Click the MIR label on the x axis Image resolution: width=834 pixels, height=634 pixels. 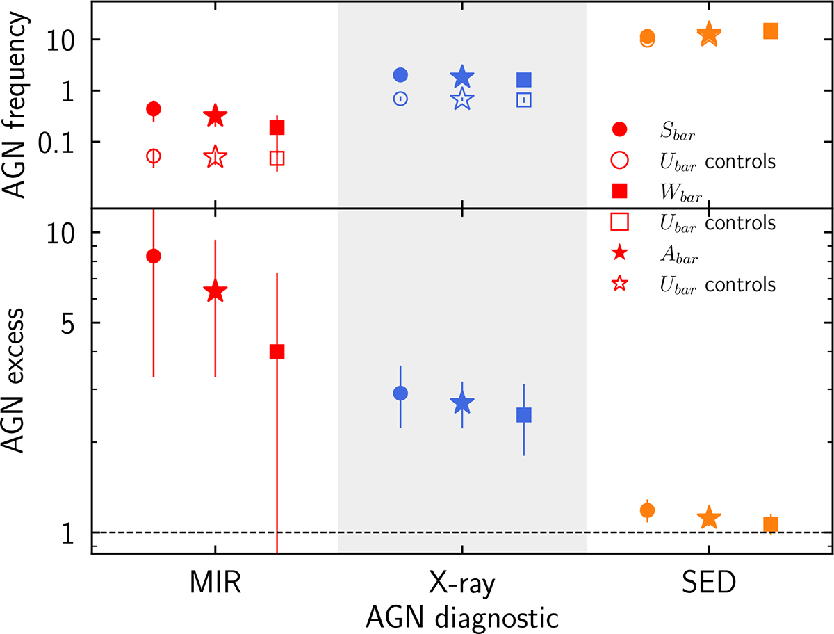(x=215, y=584)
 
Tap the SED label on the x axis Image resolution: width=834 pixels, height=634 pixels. (x=708, y=584)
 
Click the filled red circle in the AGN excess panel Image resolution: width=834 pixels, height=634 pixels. (x=154, y=256)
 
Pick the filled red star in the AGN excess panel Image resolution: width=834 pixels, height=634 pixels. (x=215, y=292)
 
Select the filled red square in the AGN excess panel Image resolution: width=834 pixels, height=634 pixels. (x=277, y=352)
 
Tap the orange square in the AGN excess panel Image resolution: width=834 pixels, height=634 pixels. (x=770, y=524)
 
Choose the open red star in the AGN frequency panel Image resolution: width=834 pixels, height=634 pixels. (x=215, y=158)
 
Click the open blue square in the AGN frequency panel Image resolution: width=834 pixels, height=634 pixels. (x=523, y=99)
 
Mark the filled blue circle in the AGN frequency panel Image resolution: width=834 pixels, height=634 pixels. (x=400, y=74)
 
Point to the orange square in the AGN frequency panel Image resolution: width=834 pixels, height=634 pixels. (x=770, y=31)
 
